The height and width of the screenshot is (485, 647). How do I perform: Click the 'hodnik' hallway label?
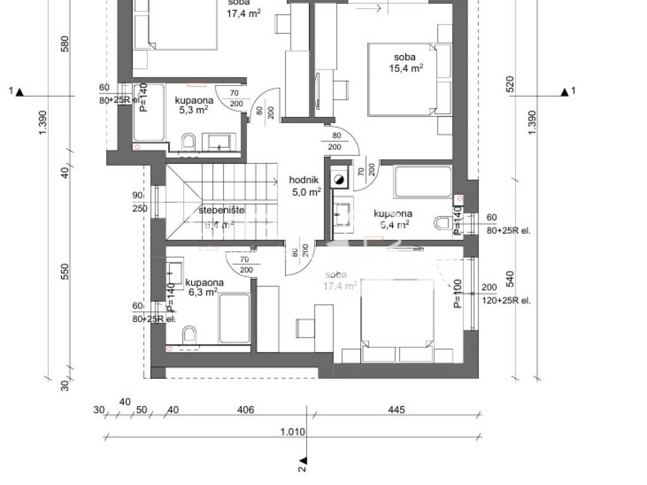pyautogui.click(x=303, y=179)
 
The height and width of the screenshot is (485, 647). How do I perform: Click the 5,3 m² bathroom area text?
pyautogui.click(x=193, y=109)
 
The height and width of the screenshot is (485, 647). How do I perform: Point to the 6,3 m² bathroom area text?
pyautogui.click(x=202, y=291)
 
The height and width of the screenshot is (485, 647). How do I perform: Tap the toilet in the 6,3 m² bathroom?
pyautogui.click(x=189, y=334)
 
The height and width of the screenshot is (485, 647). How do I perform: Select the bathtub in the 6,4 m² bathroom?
pyautogui.click(x=422, y=181)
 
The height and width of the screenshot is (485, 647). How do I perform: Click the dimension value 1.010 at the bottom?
pyautogui.click(x=293, y=433)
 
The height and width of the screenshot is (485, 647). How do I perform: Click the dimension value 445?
pyautogui.click(x=396, y=410)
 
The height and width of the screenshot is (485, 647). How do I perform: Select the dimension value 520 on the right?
pyautogui.click(x=511, y=84)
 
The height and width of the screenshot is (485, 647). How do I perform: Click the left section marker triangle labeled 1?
pyautogui.click(x=20, y=92)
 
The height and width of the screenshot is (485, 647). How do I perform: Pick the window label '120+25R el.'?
pyautogui.click(x=507, y=300)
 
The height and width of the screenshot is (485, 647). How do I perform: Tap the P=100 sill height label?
pyautogui.click(x=458, y=294)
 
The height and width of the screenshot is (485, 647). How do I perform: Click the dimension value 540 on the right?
pyautogui.click(x=511, y=278)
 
